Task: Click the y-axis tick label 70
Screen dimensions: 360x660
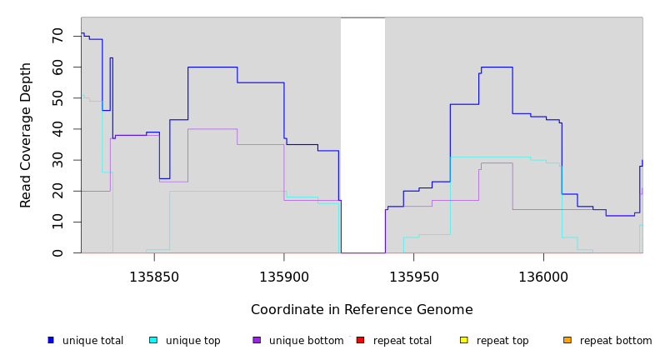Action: [x=57, y=36]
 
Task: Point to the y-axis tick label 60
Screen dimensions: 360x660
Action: [x=57, y=67]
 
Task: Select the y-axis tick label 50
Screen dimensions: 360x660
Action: [x=57, y=98]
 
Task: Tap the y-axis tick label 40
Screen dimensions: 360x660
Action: [x=57, y=129]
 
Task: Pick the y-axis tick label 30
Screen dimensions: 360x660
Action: [x=57, y=160]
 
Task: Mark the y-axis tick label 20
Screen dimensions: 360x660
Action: [x=57, y=191]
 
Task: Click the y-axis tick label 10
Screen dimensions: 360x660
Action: [x=57, y=222]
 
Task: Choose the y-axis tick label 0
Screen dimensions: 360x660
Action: [x=57, y=252]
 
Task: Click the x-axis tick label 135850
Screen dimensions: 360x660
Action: [x=154, y=277]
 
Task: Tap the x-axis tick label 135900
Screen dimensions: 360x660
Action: [x=284, y=277]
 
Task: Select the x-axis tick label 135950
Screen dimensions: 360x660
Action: [x=414, y=277]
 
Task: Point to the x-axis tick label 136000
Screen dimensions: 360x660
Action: [x=543, y=277]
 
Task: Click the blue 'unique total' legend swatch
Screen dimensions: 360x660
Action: [x=51, y=340]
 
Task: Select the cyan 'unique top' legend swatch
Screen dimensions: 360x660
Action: [x=153, y=340]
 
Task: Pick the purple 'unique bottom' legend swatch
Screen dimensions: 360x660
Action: [x=257, y=340]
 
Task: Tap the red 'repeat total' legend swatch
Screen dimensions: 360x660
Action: [x=360, y=340]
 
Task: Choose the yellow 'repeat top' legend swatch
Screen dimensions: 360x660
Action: [x=464, y=340]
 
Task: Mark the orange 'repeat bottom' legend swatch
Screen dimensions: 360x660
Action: [x=567, y=340]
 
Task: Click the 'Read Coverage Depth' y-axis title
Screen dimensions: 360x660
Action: [x=26, y=135]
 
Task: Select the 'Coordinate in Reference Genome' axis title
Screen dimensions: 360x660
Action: [x=362, y=310]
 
